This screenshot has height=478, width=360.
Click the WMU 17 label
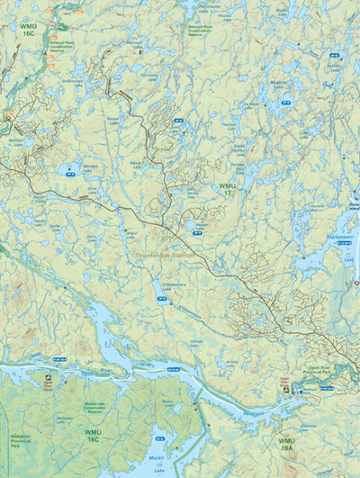(x=227, y=189)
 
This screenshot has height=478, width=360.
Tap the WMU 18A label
(x=286, y=444)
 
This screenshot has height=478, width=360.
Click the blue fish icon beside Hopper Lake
(x=195, y=230)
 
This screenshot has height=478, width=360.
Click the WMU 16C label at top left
(x=27, y=30)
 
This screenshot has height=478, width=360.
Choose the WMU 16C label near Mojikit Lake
(x=92, y=435)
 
